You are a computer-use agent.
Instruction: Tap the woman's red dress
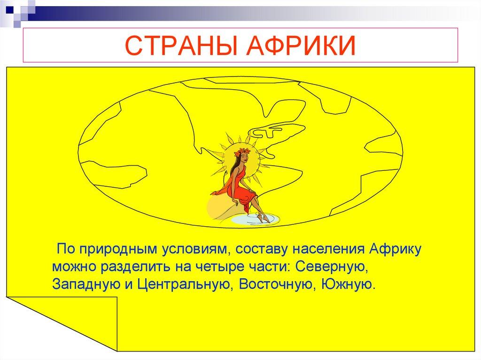(x=240, y=188)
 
